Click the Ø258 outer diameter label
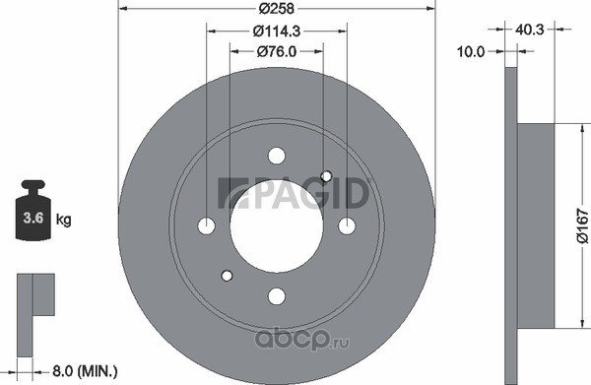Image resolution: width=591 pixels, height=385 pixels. [276, 8]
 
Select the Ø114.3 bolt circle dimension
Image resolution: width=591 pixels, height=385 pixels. [277, 32]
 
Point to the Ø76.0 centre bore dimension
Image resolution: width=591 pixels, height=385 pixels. [277, 51]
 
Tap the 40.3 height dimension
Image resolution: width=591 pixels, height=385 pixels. [530, 30]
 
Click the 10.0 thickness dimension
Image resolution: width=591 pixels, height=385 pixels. [471, 51]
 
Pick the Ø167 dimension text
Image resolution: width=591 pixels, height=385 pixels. [582, 226]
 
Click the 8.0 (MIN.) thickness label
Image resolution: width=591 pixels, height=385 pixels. [85, 371]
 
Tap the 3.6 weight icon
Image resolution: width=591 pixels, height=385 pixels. [33, 210]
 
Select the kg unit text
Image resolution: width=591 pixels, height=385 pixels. [64, 219]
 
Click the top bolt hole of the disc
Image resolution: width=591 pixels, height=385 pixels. [277, 156]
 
